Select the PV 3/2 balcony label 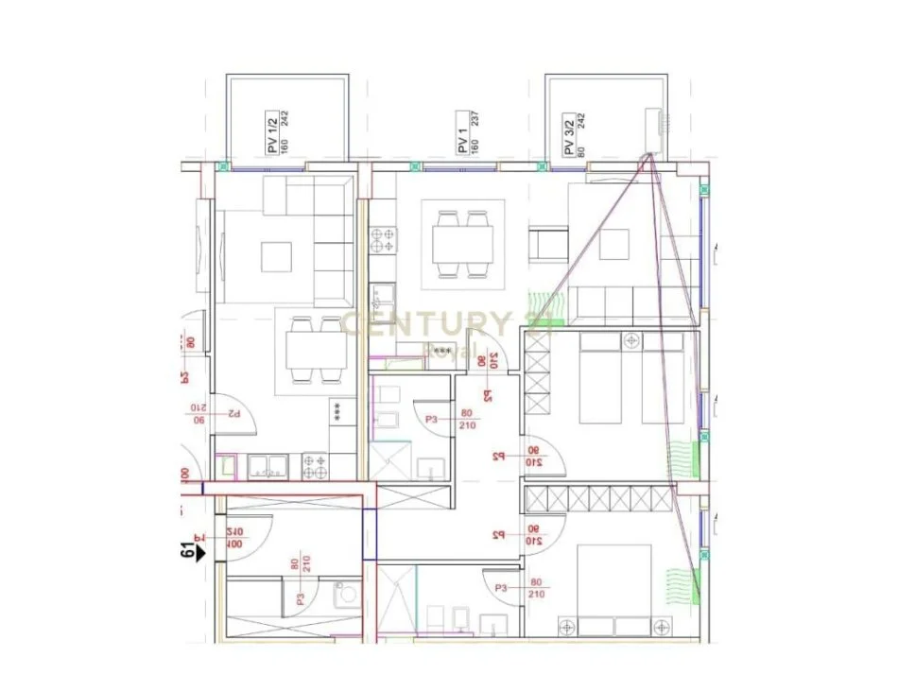click(568, 133)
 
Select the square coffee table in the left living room click(277, 256)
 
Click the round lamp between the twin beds click(632, 338)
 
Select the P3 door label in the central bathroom click(432, 418)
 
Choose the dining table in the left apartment click(315, 346)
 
